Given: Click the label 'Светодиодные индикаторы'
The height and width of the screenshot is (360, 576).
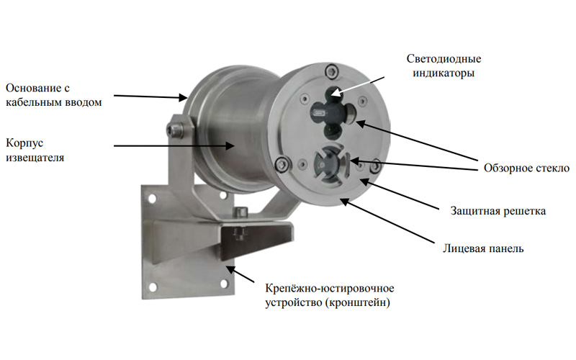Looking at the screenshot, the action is tap(444, 66).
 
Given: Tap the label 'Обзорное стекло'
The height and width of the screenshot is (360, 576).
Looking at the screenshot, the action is tap(526, 168).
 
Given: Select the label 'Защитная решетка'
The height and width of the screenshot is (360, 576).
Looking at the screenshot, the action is tap(498, 211).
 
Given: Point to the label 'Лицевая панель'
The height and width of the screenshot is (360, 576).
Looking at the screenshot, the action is tap(483, 248).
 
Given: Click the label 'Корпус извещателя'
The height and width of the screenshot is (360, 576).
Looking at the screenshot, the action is tap(35, 150).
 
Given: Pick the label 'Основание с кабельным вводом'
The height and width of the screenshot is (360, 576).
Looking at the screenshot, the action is tap(53, 95).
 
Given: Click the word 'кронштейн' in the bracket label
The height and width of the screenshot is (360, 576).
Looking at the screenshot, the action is tap(357, 302).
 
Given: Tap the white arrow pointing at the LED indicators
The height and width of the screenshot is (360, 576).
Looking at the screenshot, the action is tap(357, 86).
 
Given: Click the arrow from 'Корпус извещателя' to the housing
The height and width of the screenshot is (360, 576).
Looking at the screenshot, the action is tap(174, 146).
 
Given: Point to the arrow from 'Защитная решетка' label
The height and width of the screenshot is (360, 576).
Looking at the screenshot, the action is tap(400, 194).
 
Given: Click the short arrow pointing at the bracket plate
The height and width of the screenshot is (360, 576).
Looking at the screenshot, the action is tap(240, 274).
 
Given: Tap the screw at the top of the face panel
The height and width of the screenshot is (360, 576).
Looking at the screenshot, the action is tap(332, 71).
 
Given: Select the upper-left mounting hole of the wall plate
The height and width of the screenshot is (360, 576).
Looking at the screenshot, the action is tap(152, 199).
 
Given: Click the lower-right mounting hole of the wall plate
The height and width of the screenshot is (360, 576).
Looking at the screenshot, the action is tap(223, 284).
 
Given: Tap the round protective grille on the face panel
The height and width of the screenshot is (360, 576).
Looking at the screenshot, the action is tap(330, 165).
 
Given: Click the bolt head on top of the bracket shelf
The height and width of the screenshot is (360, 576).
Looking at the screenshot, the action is tap(240, 212).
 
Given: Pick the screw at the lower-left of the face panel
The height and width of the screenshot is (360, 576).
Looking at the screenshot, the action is tap(282, 163).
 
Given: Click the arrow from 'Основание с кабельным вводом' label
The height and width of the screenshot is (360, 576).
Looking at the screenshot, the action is tap(150, 96).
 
